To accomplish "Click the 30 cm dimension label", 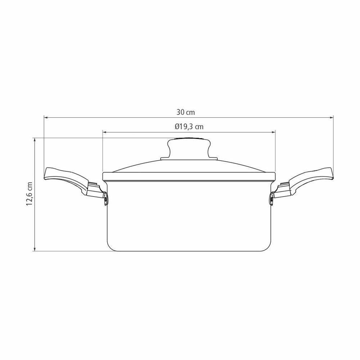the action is (x=185, y=112).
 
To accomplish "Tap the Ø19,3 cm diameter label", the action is (x=189, y=126).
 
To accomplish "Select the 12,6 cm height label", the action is (x=30, y=194).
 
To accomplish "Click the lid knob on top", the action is (x=189, y=148).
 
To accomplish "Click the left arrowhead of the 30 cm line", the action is (x=45, y=118).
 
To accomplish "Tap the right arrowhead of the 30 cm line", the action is (x=332, y=118).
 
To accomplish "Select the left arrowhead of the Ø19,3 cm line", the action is (x=104, y=132).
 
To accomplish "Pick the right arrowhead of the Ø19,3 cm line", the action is (x=273, y=132).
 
